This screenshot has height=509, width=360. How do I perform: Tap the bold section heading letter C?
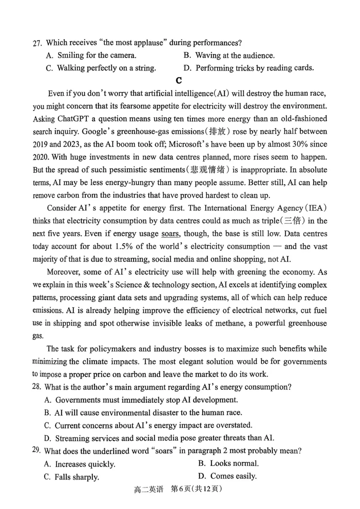point(179,80)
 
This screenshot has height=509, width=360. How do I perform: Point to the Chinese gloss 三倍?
point(292,221)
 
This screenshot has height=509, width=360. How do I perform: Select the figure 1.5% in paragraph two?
point(116,247)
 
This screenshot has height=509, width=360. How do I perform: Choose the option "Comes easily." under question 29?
point(234,476)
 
